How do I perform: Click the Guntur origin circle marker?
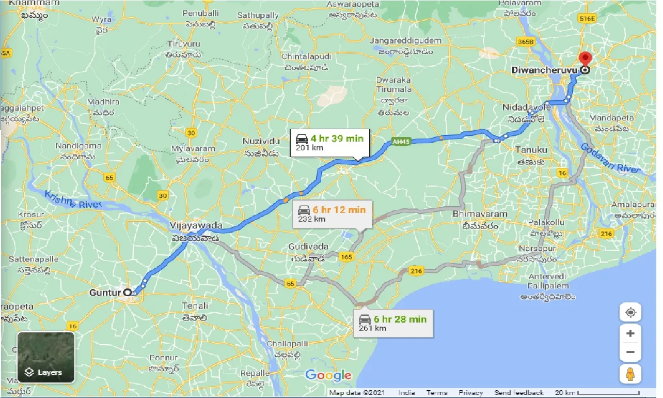[x=128, y=293]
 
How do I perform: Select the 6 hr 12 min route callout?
[x=332, y=214]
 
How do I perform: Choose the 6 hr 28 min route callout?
[x=393, y=324]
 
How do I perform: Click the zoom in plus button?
[x=630, y=333]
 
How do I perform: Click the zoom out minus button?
[x=630, y=353]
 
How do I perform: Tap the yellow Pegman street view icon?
[x=630, y=374]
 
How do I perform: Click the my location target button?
[x=630, y=313]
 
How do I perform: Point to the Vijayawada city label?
[x=196, y=226]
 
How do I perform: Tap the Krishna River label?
[x=73, y=200]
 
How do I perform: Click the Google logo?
[x=328, y=376]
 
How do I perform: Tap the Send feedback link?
[x=518, y=393]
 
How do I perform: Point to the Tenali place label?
[x=195, y=306]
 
